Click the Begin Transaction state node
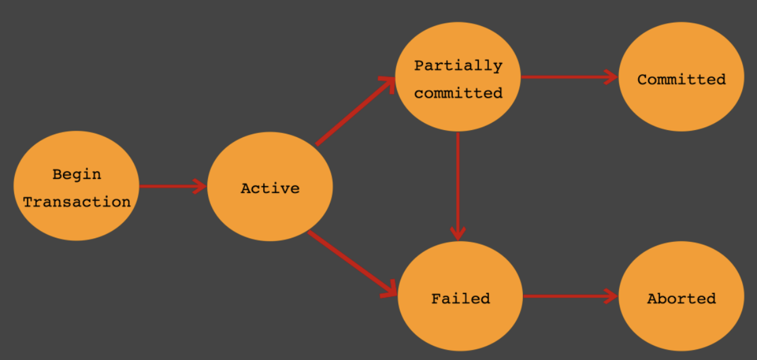click(77, 186)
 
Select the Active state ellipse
click(270, 187)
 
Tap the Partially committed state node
click(458, 77)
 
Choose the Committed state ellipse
click(682, 77)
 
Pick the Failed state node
click(460, 296)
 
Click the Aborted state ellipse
click(682, 296)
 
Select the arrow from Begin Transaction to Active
click(173, 187)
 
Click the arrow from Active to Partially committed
click(355, 111)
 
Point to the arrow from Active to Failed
click(352, 264)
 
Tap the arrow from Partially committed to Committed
click(569, 77)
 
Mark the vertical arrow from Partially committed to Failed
click(458, 187)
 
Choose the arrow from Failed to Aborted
click(571, 296)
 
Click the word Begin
click(77, 175)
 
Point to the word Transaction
click(77, 202)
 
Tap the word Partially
click(458, 66)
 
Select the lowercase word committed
click(458, 93)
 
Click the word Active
click(270, 188)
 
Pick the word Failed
click(460, 298)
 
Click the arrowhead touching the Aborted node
click(611, 296)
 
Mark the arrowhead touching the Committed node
click(611, 77)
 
